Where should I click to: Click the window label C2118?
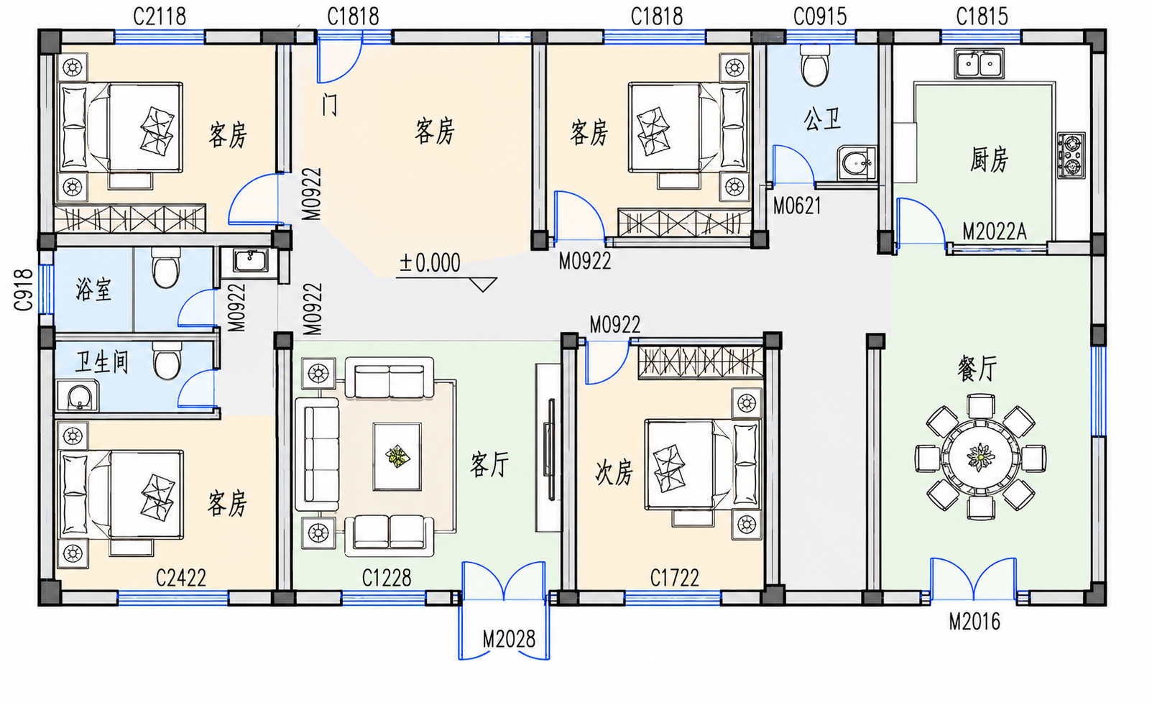tap(160, 17)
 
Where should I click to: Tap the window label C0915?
tap(820, 17)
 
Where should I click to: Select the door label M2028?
tap(509, 639)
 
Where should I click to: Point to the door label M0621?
tap(797, 206)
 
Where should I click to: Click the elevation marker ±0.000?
tap(430, 263)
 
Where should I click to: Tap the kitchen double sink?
tap(979, 64)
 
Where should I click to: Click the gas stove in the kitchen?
tap(1072, 156)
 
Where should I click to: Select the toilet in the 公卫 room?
tap(815, 65)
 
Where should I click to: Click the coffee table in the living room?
tap(397, 456)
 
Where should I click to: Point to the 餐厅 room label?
tap(977, 369)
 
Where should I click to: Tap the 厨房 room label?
tap(988, 159)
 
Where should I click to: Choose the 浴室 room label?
tap(93, 289)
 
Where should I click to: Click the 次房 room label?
tap(614, 473)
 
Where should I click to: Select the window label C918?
tap(23, 290)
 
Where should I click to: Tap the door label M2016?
tap(974, 622)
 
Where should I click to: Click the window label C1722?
tap(674, 578)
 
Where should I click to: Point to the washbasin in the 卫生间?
tap(78, 396)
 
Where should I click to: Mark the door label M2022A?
tap(994, 232)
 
